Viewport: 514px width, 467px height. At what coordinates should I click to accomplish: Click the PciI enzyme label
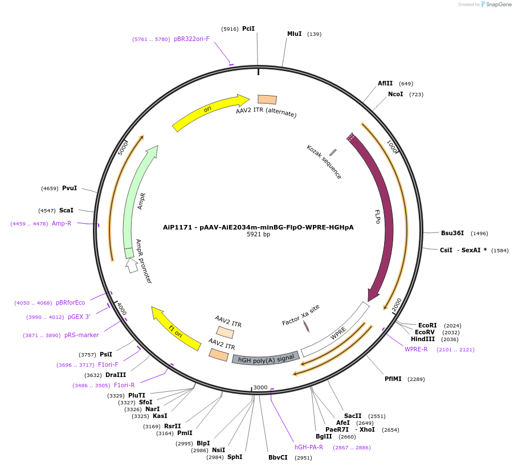tap(248, 28)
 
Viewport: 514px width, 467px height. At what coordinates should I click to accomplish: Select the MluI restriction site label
tap(294, 34)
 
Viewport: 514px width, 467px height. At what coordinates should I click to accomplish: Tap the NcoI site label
tap(395, 94)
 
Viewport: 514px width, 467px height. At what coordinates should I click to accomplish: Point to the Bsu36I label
tap(452, 233)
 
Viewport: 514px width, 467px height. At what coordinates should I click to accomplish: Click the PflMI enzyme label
tap(393, 379)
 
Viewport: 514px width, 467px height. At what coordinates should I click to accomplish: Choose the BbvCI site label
tap(278, 457)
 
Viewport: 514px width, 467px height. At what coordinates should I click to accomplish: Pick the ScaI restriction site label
tap(66, 210)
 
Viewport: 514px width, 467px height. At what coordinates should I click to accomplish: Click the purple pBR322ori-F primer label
tap(192, 39)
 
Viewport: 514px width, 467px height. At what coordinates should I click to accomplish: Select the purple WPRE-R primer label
tap(416, 349)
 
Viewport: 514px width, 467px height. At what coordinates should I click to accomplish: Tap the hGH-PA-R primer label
tap(309, 447)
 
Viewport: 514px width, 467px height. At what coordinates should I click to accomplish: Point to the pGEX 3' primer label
tap(79, 317)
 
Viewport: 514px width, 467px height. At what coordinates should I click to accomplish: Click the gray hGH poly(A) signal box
tap(266, 358)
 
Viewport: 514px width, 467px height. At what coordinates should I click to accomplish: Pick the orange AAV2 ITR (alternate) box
tap(267, 100)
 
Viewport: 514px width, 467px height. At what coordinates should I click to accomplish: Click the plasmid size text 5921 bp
tap(258, 234)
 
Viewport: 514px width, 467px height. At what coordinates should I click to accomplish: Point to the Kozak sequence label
tap(324, 162)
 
